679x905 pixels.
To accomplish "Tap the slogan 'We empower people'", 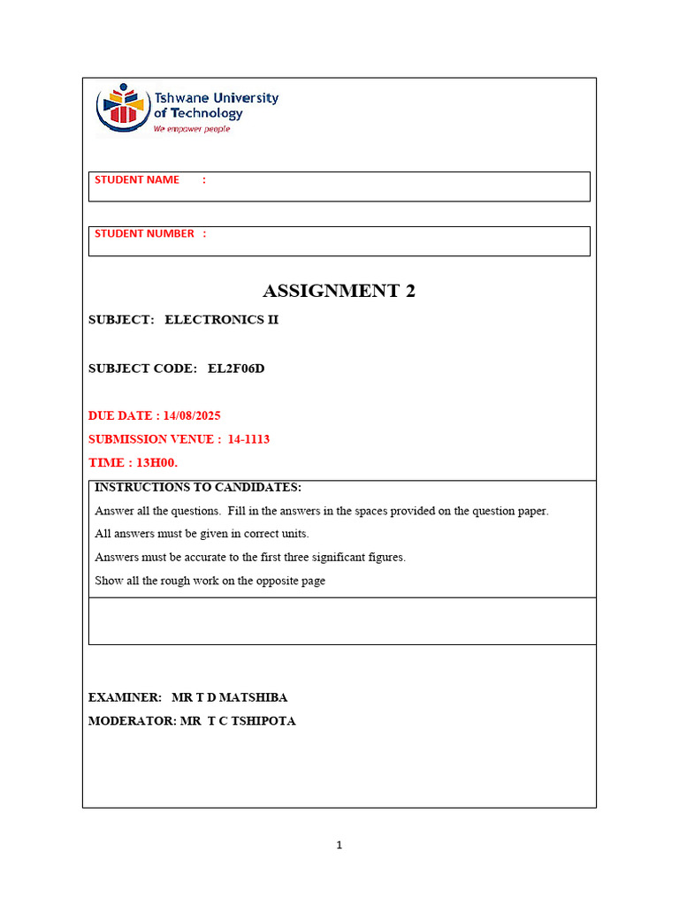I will tap(191, 129).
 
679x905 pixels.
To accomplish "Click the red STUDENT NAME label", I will tap(137, 180).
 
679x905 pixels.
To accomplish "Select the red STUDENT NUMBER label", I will tap(144, 234).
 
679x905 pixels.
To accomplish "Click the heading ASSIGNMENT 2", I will tap(339, 291).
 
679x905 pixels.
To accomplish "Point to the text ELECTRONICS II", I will tap(221, 320).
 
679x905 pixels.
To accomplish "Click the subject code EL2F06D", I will tap(236, 369).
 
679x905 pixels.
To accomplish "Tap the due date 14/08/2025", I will tap(192, 415).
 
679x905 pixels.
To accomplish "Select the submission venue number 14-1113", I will tap(248, 439).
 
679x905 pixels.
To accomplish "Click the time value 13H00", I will tap(156, 462).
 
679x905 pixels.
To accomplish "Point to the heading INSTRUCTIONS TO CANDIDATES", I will tap(198, 488).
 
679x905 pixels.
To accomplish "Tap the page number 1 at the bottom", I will tap(339, 846).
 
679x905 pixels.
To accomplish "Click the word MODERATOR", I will tap(131, 721).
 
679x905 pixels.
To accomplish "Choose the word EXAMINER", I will tap(125, 697).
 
